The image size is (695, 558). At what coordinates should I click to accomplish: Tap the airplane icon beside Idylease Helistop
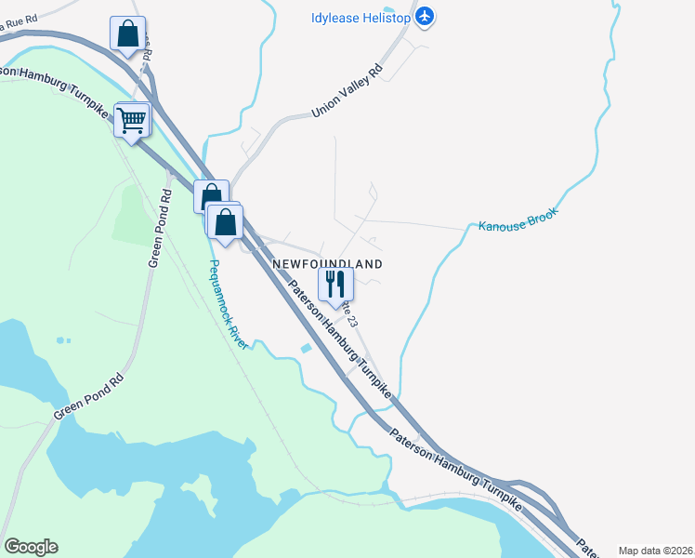pyautogui.click(x=425, y=16)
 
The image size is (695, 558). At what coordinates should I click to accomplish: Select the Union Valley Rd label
pyautogui.click(x=347, y=91)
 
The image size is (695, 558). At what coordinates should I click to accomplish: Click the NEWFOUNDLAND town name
pyautogui.click(x=327, y=264)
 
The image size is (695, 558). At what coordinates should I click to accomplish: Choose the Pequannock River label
pyautogui.click(x=228, y=304)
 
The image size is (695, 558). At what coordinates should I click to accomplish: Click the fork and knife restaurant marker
pyautogui.click(x=335, y=285)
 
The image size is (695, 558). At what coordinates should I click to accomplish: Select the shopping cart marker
pyautogui.click(x=132, y=120)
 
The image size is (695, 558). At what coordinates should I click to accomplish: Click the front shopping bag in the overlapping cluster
pyautogui.click(x=225, y=223)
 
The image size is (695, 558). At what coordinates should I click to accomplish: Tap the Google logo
pyautogui.click(x=31, y=547)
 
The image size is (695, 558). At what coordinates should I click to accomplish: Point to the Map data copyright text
pyautogui.click(x=656, y=551)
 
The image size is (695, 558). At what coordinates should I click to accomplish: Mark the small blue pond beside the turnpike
pyautogui.click(x=306, y=350)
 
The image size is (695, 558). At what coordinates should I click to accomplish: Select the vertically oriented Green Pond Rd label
pyautogui.click(x=161, y=229)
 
